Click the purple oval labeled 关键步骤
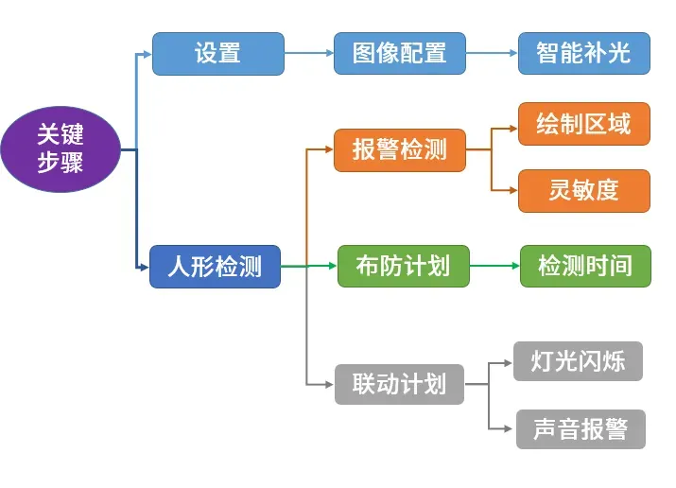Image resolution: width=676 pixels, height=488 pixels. (61, 149)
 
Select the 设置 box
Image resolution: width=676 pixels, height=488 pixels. (218, 54)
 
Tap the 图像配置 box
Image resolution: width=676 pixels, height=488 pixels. (400, 53)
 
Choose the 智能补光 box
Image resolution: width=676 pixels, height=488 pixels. (583, 53)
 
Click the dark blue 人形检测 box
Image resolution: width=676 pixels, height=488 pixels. (215, 267)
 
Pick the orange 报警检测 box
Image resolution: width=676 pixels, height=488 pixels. (400, 150)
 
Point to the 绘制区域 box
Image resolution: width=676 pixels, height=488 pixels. (583, 124)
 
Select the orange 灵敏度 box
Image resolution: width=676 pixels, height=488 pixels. (583, 190)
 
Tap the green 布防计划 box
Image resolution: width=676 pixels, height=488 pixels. (403, 266)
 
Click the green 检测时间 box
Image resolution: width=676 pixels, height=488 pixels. (585, 266)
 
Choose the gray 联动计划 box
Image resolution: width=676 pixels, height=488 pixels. (399, 384)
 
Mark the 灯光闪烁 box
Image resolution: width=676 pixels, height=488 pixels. (578, 361)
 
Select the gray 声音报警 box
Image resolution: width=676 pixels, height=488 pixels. (581, 429)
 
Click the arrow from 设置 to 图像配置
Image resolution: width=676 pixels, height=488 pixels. (309, 53)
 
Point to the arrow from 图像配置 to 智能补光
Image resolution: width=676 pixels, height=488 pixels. (492, 53)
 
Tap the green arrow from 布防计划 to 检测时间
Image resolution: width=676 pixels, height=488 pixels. (494, 266)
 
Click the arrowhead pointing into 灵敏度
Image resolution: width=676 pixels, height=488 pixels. (513, 190)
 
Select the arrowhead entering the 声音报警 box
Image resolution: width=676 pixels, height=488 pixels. (509, 429)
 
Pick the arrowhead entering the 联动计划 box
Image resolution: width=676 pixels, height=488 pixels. (329, 384)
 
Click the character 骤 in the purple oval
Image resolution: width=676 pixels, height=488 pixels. (72, 163)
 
